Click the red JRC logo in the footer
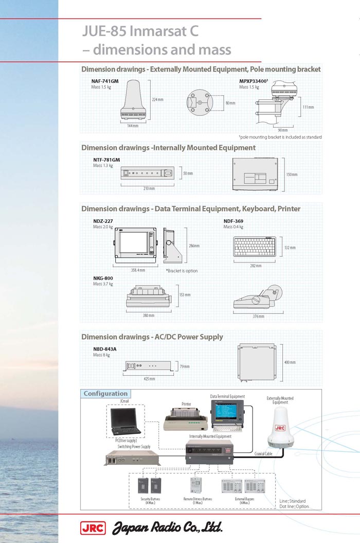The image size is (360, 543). coord(93,528)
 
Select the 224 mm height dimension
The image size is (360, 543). coord(157,99)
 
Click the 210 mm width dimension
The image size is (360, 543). coord(149,188)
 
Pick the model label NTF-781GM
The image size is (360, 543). coord(106,160)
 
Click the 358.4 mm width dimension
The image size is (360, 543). coord(138,270)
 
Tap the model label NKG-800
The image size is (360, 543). coord(103,278)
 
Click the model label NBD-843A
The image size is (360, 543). coord(104,349)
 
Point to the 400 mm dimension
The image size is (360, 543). coord(290,362)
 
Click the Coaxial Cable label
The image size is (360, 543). coord(263,453)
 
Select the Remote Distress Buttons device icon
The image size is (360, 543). coord(196,485)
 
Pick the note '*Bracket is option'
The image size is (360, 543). coord(181,271)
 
